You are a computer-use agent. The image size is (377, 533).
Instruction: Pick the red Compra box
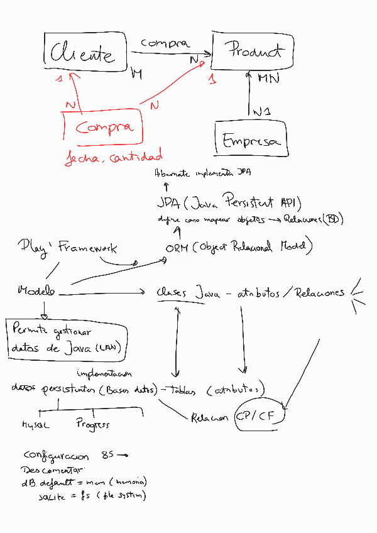(104, 128)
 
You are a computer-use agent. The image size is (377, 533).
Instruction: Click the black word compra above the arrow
(165, 43)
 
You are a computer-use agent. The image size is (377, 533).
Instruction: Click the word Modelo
(36, 290)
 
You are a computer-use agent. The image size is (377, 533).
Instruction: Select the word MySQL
(36, 425)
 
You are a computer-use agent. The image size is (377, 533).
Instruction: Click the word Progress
(93, 424)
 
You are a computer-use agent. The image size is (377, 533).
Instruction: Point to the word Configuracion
(58, 455)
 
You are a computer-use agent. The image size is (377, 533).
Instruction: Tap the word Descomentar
(53, 470)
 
